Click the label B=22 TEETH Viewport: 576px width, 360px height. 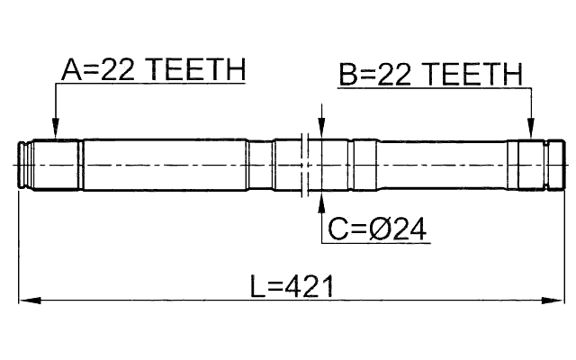coord(430,74)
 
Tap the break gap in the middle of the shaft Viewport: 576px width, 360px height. coord(309,166)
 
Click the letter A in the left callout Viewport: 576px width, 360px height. coord(72,70)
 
